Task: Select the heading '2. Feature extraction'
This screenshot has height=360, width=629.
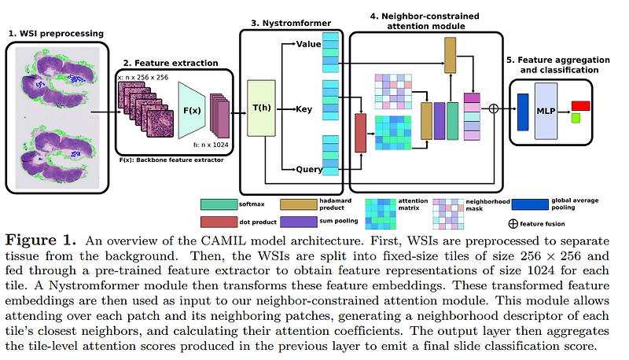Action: [x=164, y=61]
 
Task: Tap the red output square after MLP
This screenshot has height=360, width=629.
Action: [x=581, y=105]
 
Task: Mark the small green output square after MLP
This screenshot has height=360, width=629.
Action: [x=576, y=118]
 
